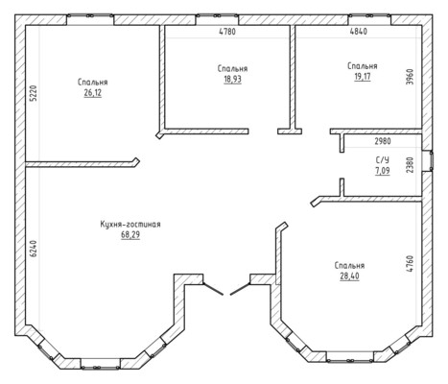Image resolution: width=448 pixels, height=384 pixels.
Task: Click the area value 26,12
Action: (x=93, y=93)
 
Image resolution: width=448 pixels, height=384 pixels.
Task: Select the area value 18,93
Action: (x=232, y=79)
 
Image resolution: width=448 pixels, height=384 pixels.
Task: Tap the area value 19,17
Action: (x=363, y=77)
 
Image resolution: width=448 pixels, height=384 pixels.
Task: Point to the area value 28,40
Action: (x=349, y=276)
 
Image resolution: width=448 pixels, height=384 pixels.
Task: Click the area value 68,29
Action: (x=130, y=235)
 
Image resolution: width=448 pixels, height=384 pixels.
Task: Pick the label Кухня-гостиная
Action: (x=130, y=224)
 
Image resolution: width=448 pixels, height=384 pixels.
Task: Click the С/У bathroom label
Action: (x=383, y=160)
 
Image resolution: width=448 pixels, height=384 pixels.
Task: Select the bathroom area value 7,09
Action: (x=383, y=171)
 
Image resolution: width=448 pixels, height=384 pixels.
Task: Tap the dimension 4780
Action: (x=227, y=32)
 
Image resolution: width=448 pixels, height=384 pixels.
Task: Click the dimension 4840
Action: (x=359, y=32)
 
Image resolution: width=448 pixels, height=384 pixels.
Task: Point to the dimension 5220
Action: (x=34, y=93)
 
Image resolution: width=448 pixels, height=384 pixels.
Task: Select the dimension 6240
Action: (x=34, y=249)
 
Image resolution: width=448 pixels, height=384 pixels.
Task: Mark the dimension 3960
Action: (x=410, y=77)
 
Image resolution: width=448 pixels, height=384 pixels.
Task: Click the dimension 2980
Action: (x=383, y=141)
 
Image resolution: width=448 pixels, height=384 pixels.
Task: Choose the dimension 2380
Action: (x=410, y=165)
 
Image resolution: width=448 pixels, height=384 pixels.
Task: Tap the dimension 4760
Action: (x=410, y=264)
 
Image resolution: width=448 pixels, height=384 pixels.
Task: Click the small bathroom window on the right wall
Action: (x=428, y=160)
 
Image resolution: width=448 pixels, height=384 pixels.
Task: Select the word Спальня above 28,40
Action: (x=349, y=265)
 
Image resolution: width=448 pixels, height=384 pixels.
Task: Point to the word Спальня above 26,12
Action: (x=93, y=82)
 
